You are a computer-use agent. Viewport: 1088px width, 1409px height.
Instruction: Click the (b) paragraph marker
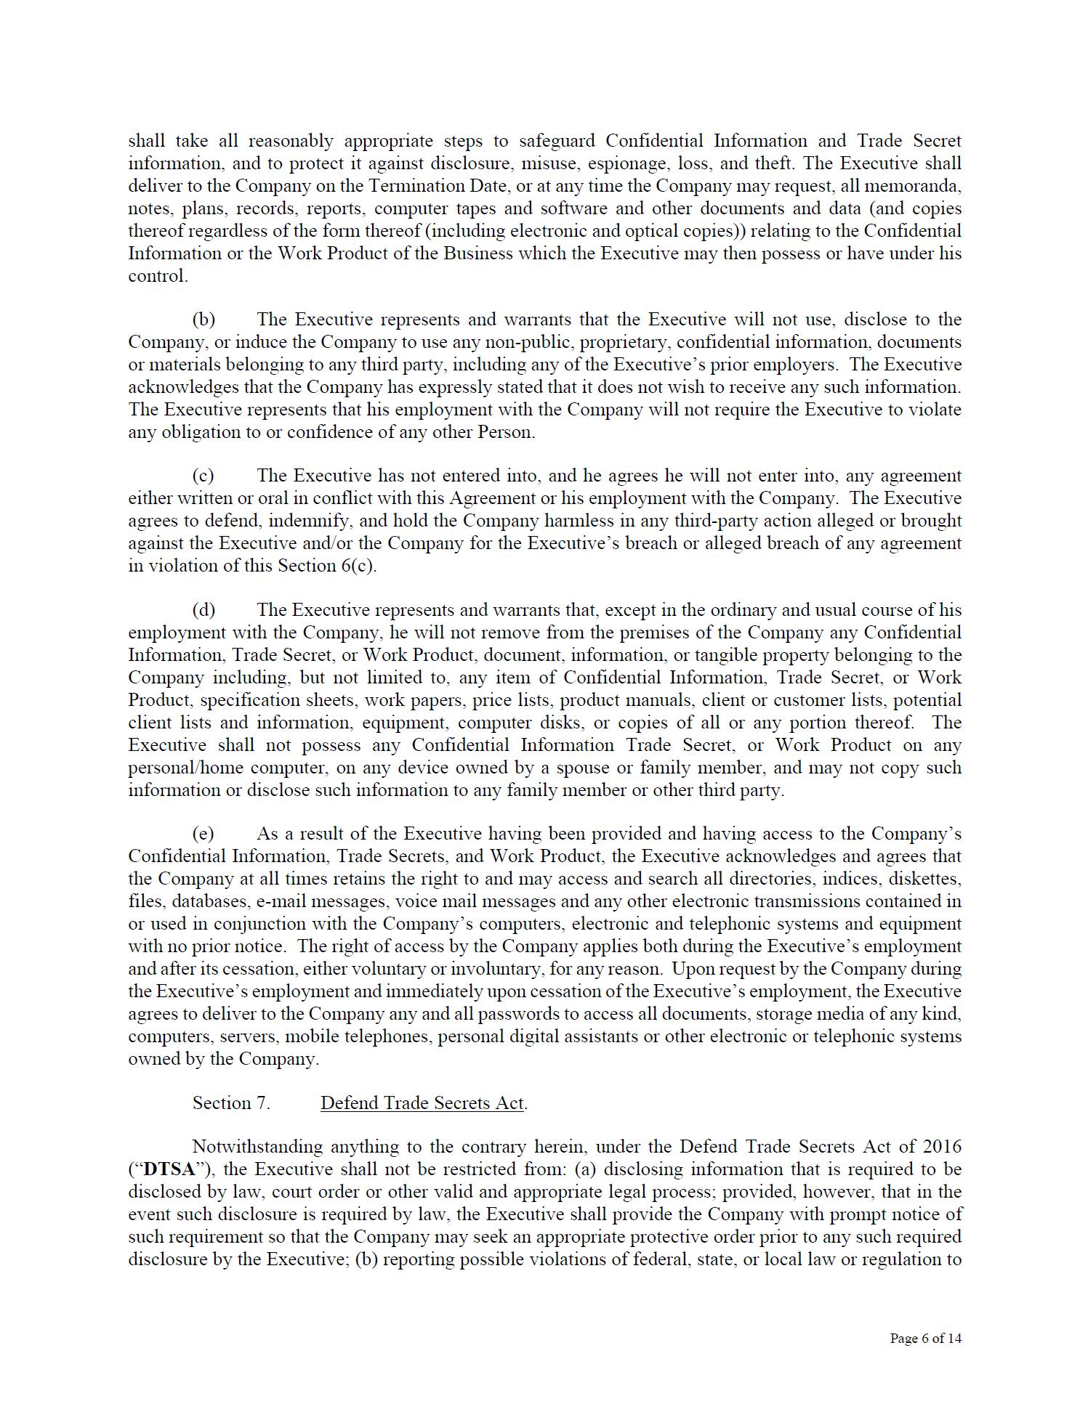click(x=204, y=320)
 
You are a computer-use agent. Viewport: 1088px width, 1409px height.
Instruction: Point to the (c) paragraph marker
click(x=204, y=476)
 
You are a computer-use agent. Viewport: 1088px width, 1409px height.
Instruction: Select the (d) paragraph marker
click(x=204, y=610)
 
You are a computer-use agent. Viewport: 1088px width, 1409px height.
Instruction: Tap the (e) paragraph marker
click(x=204, y=834)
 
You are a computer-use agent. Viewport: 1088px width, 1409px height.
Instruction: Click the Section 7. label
click(x=231, y=1103)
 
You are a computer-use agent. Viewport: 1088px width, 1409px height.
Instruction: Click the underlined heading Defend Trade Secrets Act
click(x=422, y=1103)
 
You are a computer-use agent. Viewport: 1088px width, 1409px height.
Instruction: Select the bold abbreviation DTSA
click(x=171, y=1170)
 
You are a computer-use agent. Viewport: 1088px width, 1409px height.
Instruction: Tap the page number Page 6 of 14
click(x=925, y=1339)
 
